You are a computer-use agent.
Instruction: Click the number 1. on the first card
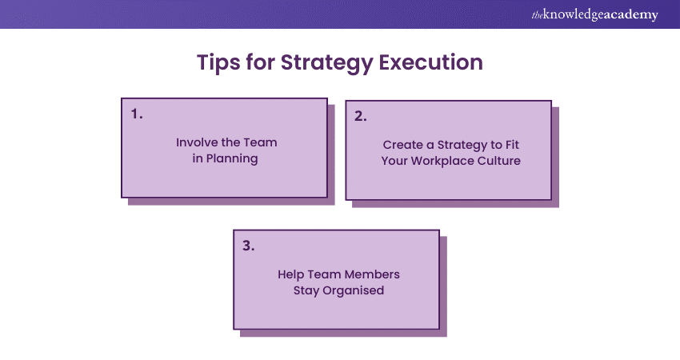(137, 114)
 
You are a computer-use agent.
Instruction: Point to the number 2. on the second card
(361, 115)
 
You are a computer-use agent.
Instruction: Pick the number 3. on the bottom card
(249, 246)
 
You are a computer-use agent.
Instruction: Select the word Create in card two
(402, 145)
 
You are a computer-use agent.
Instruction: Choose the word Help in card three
(292, 274)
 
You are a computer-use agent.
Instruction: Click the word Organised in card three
(353, 290)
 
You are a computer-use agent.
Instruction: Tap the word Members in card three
(372, 274)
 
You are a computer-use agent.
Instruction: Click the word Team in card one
(259, 142)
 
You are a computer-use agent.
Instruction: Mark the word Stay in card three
(308, 290)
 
